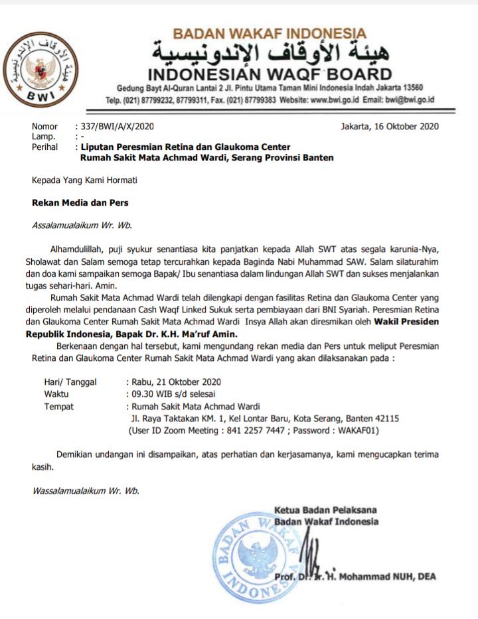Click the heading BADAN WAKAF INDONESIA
[269, 33]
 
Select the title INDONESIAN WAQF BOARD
[269, 73]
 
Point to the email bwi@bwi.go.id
[408, 100]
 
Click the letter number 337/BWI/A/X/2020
[118, 126]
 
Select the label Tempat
[58, 407]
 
